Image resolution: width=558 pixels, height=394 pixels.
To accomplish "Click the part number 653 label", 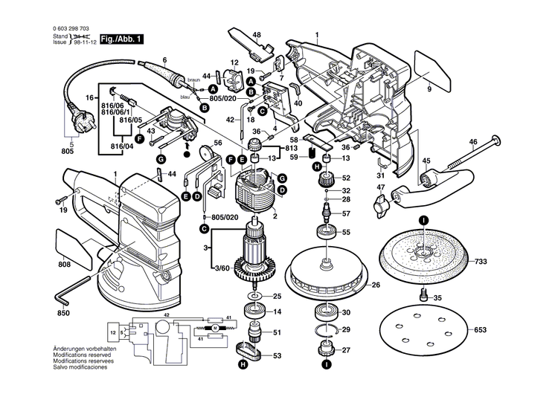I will pyautogui.click(x=481, y=330).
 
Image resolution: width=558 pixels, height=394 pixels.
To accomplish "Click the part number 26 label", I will pyautogui.click(x=376, y=285).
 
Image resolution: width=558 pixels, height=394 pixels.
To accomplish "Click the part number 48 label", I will pyautogui.click(x=256, y=35).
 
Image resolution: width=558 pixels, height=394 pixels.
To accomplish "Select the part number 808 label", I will pyautogui.click(x=65, y=265).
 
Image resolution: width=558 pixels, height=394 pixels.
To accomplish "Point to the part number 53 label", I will pyautogui.click(x=276, y=357).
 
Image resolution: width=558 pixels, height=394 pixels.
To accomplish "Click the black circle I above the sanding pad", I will pyautogui.click(x=423, y=220).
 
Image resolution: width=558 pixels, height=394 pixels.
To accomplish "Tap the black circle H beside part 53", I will pyautogui.click(x=243, y=365).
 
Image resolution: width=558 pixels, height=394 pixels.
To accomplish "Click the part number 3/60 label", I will pyautogui.click(x=222, y=267).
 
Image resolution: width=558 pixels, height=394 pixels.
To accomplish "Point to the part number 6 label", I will pyautogui.click(x=164, y=59).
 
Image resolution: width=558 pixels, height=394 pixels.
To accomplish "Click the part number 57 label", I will pyautogui.click(x=345, y=214).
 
